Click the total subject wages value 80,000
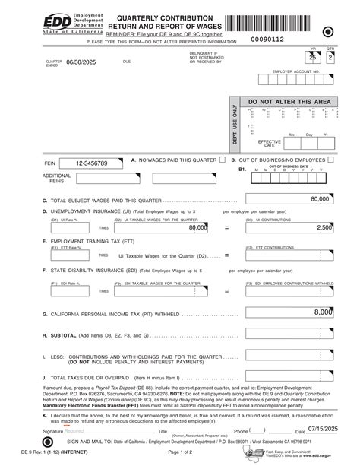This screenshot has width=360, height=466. point(320,199)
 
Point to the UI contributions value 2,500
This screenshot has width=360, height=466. point(324,227)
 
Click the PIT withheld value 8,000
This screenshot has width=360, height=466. point(324,312)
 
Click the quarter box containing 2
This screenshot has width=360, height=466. point(330,58)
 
